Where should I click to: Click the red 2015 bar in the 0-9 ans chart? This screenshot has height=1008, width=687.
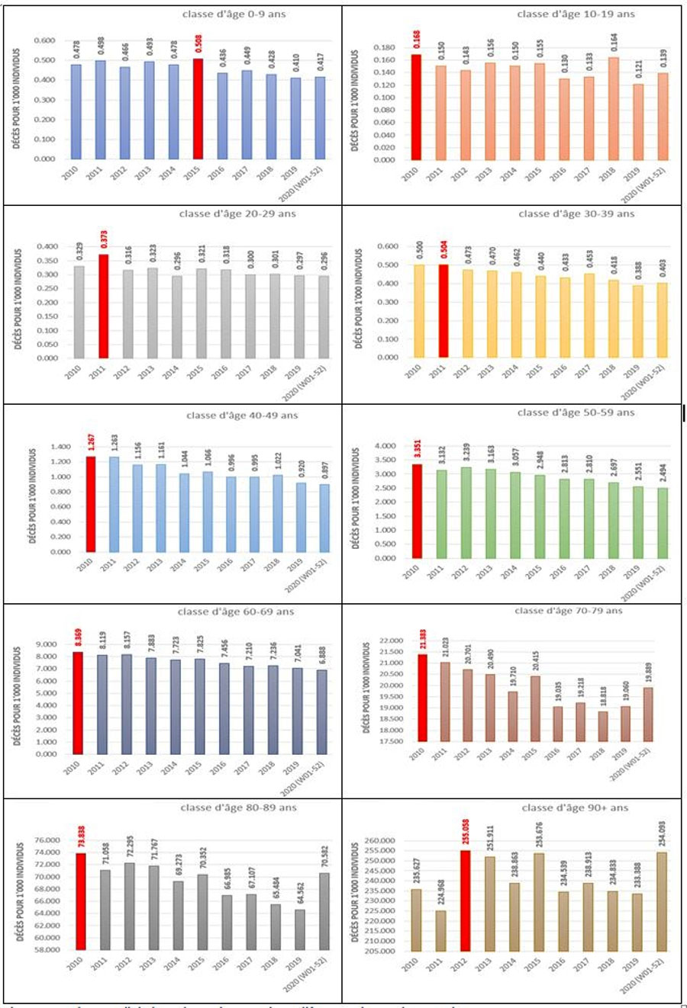[x=198, y=108]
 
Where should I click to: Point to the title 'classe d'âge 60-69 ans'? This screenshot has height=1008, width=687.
[x=236, y=612]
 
